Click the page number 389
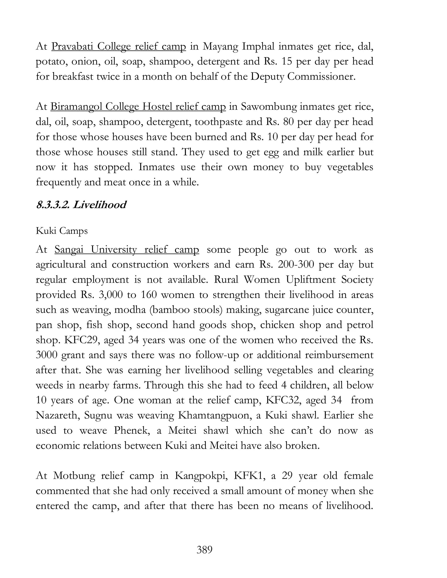205,550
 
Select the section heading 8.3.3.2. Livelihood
81,205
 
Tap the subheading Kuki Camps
62,231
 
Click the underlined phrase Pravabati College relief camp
119,47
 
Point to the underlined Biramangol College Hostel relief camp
138,107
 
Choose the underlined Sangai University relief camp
127,250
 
